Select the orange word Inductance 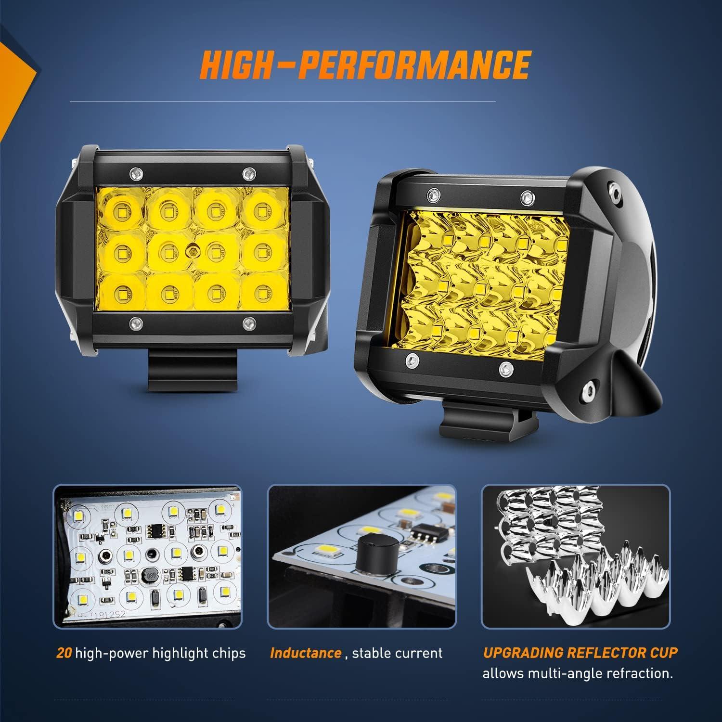click(x=306, y=653)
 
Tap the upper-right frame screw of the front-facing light click(x=248, y=172)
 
